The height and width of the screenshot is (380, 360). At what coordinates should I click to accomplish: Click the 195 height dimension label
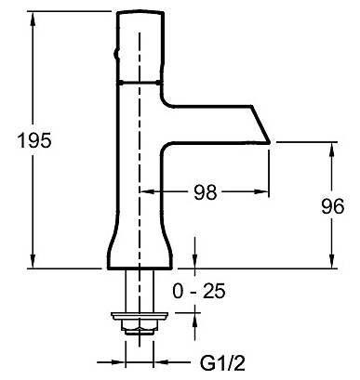tap(34, 140)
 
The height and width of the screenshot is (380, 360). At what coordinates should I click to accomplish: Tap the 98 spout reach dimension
tap(206, 192)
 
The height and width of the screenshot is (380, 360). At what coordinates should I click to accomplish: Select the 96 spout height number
tap(332, 206)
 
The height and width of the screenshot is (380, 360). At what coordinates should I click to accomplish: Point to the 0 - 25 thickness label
tap(199, 292)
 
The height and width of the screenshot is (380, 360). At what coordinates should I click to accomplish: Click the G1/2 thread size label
tap(222, 362)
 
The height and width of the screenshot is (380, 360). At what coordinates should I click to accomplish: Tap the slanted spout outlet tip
tap(269, 142)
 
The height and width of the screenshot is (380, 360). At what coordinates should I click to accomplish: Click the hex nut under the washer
tap(140, 326)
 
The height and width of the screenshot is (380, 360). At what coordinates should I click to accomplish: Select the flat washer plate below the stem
tap(140, 316)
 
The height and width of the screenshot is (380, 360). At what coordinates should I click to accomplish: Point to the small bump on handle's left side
tap(116, 54)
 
